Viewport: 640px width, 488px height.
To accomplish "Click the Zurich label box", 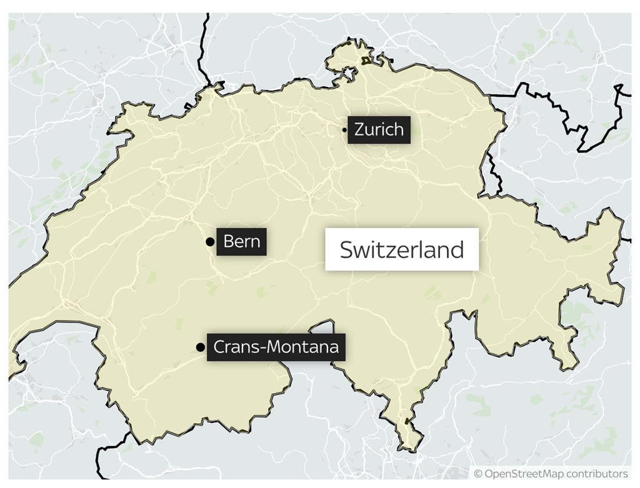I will point(379,130).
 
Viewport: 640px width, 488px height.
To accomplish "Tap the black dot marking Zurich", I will point(344,130).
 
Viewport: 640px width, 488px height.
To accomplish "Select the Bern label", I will point(241,242).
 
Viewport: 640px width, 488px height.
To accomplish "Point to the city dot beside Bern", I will point(209,242).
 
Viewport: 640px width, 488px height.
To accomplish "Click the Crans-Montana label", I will point(276,347).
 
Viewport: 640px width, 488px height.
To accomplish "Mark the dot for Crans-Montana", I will point(200,347).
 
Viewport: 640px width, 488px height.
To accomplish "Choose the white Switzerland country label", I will point(401,249).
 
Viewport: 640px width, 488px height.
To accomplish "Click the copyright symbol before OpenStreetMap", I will point(478,474).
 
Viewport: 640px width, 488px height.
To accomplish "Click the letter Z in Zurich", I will point(359,130).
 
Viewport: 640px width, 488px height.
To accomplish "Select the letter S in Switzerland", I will point(346,250).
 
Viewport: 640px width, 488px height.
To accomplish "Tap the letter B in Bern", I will point(228,242).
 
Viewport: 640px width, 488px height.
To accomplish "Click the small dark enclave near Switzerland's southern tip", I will point(408,422).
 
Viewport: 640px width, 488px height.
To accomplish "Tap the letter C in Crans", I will point(220,347).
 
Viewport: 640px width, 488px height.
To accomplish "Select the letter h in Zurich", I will point(398,130).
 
